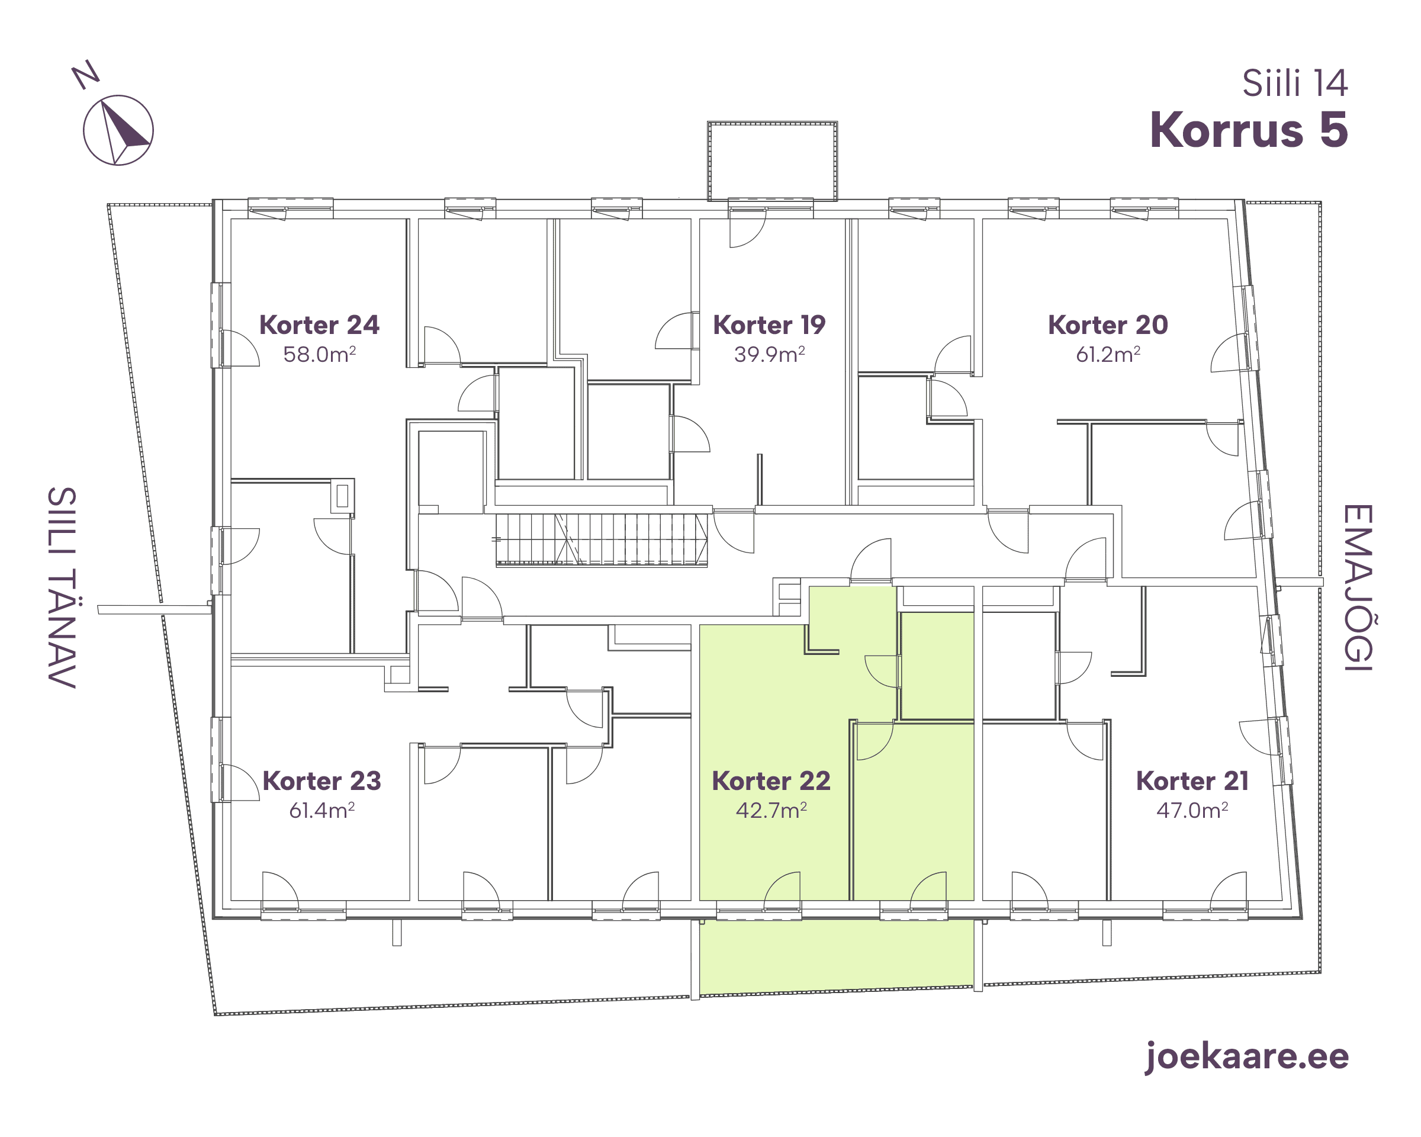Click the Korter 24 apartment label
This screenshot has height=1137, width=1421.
coord(319,326)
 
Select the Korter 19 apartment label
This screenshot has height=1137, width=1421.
coord(769,326)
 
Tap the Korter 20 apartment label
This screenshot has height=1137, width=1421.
coord(1108,326)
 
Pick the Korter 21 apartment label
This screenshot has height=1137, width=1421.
coord(1192,781)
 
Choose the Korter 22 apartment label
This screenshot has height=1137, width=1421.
coord(771,781)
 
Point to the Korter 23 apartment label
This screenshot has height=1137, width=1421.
coord(322,781)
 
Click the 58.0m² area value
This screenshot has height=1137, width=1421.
coord(320,355)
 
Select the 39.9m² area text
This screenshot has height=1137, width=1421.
coord(770,355)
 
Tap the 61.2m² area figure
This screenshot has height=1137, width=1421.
coord(1108,355)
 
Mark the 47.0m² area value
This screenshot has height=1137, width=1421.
coord(1192,810)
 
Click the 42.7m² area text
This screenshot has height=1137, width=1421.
coord(771,810)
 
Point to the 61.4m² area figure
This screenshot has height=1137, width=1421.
coord(322,810)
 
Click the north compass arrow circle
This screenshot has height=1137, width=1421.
coord(118,130)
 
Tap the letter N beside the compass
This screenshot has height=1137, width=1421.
coord(85,75)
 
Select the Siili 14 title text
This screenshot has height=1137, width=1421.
coord(1295,83)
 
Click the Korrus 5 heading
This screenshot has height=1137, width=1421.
coord(1249,130)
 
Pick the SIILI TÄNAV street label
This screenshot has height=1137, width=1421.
coord(63,587)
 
